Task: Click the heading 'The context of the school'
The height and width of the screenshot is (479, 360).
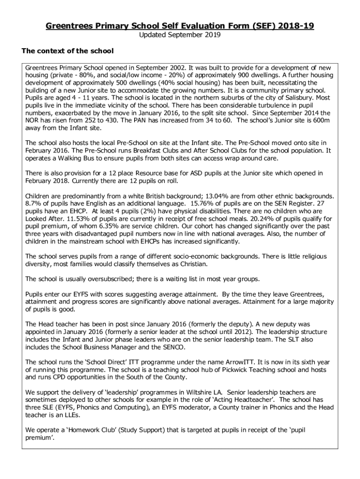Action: [x=68, y=51]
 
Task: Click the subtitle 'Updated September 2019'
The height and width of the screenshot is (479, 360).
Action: [x=180, y=35]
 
